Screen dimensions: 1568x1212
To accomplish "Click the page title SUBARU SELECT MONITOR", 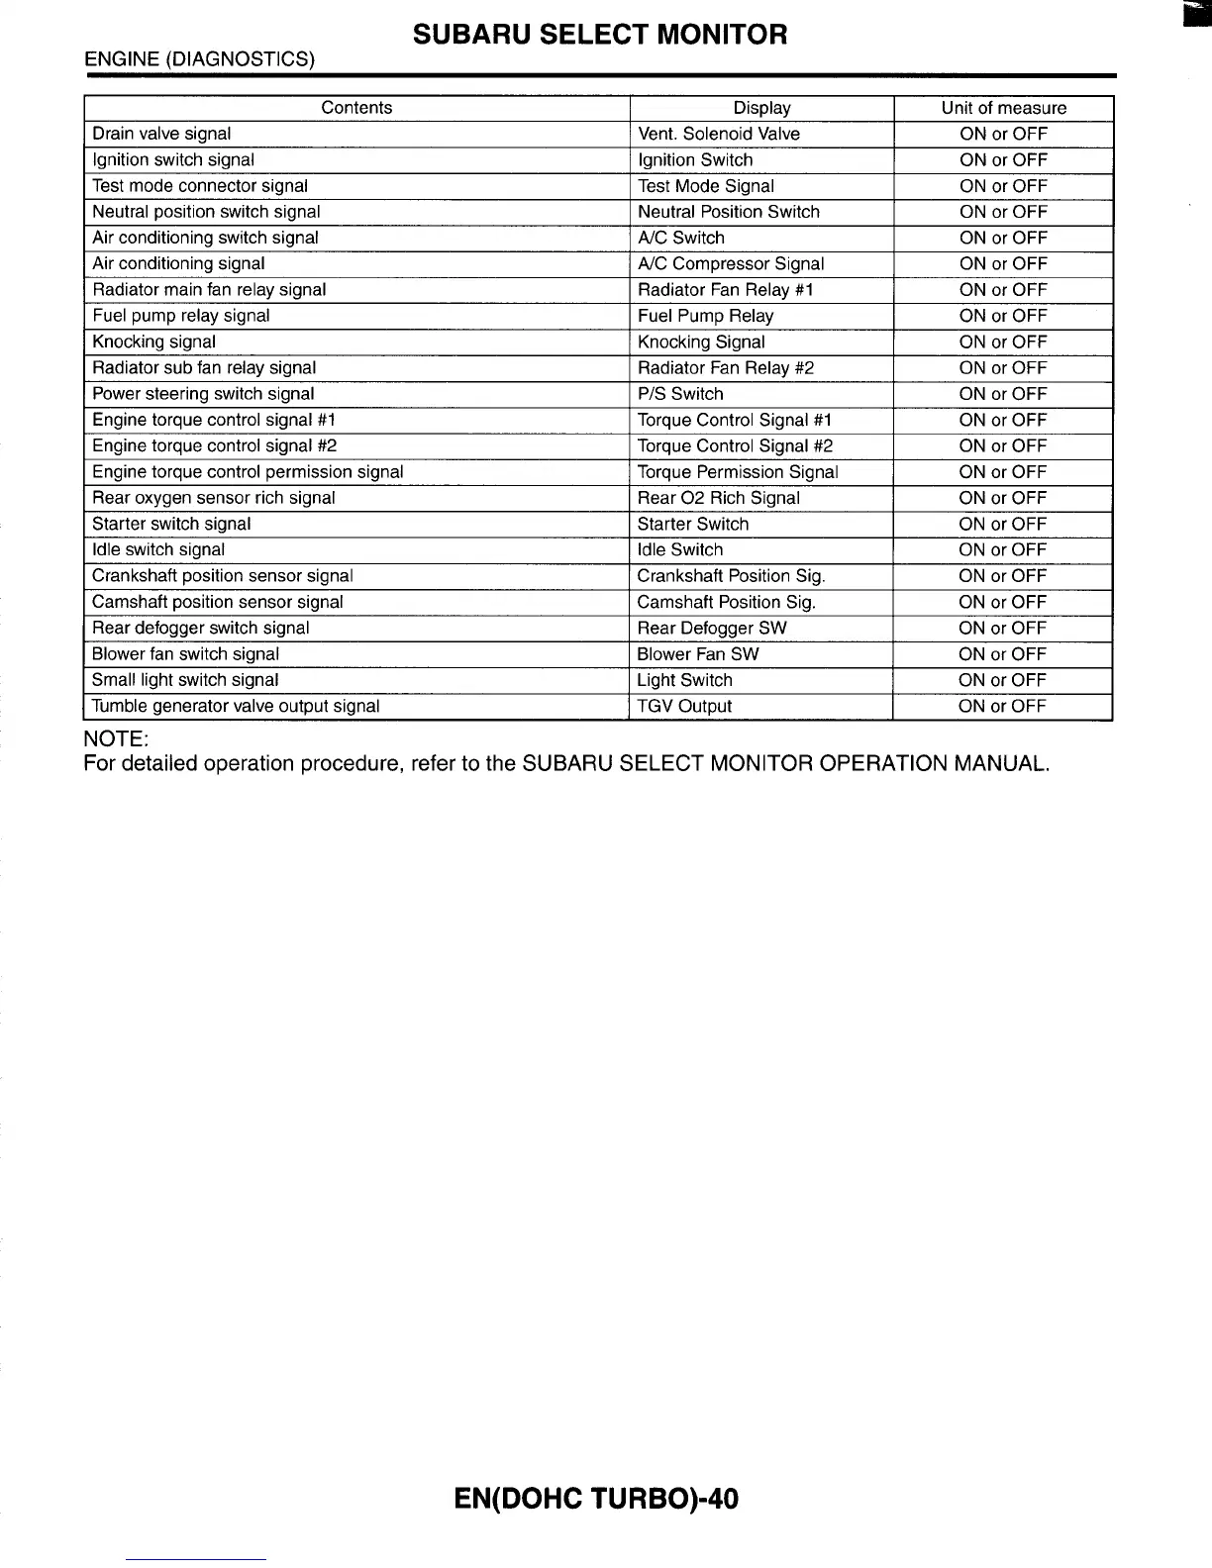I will click(x=600, y=35).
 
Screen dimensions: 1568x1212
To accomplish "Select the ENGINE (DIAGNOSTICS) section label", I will click(x=199, y=59).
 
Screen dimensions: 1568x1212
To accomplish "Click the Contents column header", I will click(x=356, y=108).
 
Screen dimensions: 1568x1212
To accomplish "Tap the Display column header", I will click(x=761, y=108).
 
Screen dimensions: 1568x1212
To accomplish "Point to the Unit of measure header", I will click(x=1003, y=108).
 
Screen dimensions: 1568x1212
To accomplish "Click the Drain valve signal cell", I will click(x=161, y=134).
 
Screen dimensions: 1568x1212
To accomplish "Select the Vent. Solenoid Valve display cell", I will click(x=719, y=134).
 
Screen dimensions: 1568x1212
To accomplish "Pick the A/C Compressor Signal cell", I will click(x=731, y=263).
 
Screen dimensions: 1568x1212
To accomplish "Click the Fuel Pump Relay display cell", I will click(x=706, y=316).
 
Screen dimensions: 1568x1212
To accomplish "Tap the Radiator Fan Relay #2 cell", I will click(x=726, y=367).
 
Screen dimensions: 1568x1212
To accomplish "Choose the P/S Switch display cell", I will click(x=680, y=393).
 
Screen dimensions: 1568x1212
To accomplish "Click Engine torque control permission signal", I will click(x=248, y=472).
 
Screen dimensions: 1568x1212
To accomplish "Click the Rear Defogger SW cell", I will click(x=712, y=628).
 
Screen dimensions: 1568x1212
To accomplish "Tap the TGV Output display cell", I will click(x=684, y=706).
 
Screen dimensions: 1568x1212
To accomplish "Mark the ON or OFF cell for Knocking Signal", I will click(x=1003, y=342).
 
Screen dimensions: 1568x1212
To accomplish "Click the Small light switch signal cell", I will click(x=185, y=680).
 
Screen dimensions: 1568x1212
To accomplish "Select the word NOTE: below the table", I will click(x=116, y=738).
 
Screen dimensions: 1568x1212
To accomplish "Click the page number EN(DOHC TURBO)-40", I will click(x=596, y=1499).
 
